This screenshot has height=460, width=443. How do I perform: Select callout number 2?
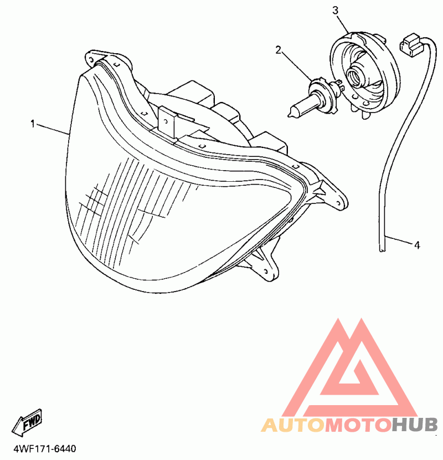[279, 50]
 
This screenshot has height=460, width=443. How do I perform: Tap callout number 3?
[335, 11]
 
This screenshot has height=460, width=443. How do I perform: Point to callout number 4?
[417, 244]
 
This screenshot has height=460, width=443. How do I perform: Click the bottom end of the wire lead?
[381, 249]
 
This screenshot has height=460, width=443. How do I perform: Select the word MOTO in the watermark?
[357, 425]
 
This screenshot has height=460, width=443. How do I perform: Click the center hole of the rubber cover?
[354, 74]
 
